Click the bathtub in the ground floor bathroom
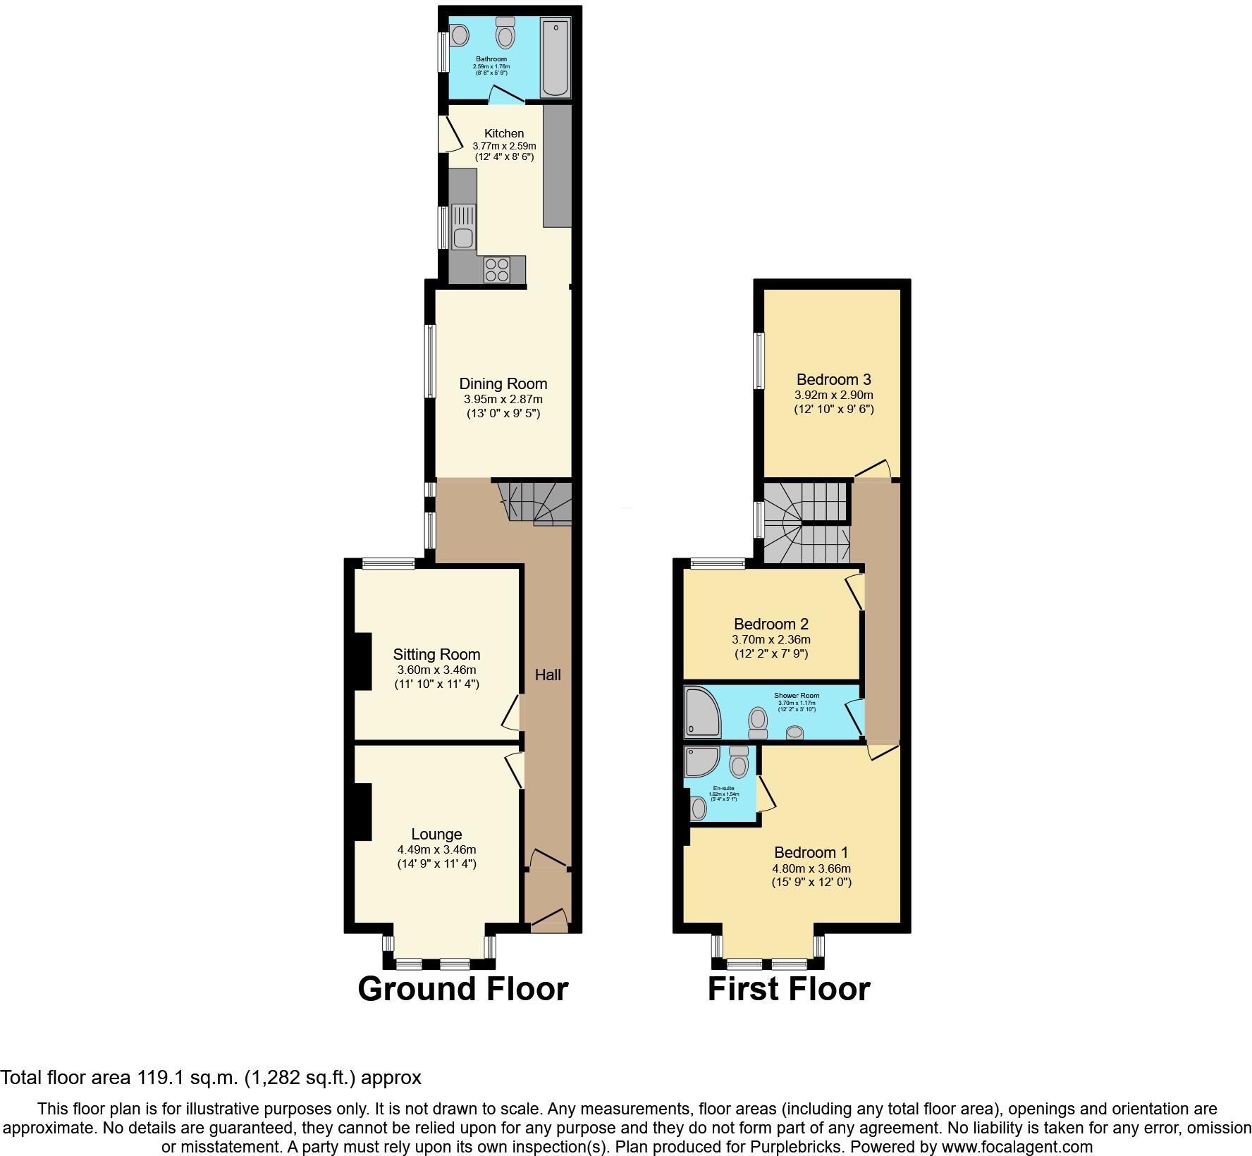pos(556,58)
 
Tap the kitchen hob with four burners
pos(497,271)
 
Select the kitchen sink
pos(463,226)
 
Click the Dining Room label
pos(503,384)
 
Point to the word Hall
pos(548,675)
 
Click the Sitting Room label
pos(436,655)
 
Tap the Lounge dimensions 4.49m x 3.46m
pos(436,850)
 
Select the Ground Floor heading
pos(463,989)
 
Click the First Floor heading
pos(789,989)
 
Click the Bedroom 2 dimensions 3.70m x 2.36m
pos(771,640)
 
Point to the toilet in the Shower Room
pos(759,722)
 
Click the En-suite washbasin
pos(698,808)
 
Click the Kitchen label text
pos(504,133)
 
